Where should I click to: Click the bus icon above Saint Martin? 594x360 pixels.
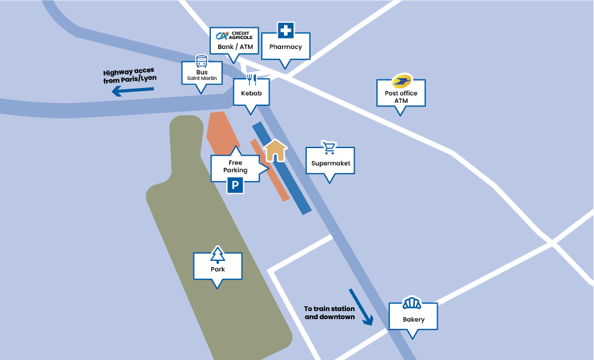[x=202, y=61]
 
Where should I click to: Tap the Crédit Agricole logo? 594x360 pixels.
[x=234, y=35]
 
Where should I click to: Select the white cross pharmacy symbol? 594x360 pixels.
[x=286, y=30]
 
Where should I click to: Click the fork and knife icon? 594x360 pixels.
[x=252, y=80]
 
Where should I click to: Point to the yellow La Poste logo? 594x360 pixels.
[x=402, y=81]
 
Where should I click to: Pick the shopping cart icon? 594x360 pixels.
[x=329, y=147]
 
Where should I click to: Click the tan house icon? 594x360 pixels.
[x=275, y=151]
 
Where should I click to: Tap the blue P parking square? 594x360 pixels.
[x=235, y=185]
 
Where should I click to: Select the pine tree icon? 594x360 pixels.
[x=218, y=255]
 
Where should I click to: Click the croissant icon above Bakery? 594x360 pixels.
[x=412, y=303]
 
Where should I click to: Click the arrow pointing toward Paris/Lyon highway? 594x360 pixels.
[x=133, y=91]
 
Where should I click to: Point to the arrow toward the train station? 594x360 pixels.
[x=361, y=307]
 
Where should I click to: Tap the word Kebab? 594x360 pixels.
[x=252, y=93]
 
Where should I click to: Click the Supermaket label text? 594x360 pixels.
[x=330, y=163]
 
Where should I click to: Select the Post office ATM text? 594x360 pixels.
[x=401, y=97]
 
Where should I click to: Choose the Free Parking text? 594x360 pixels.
[x=235, y=167]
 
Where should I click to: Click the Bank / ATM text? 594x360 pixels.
[x=235, y=47]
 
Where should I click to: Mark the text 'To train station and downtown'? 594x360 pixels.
[x=330, y=313]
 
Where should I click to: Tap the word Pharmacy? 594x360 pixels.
[x=286, y=47]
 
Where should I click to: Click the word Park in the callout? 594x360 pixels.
[x=218, y=269]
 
